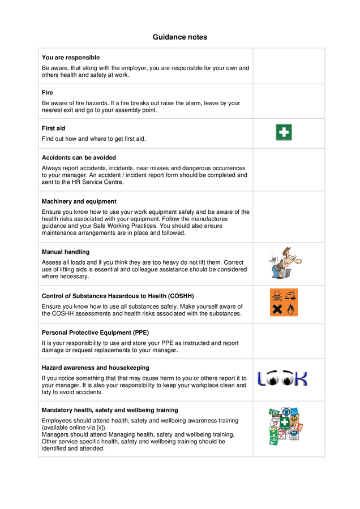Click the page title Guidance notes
[x=179, y=37]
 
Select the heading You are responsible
[x=71, y=58]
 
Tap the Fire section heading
[x=48, y=93]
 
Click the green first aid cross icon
[x=284, y=133]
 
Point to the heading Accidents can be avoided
[x=79, y=158]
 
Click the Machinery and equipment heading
[x=79, y=201]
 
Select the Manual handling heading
[x=66, y=252]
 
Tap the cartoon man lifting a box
[x=284, y=263]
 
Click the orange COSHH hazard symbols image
[x=284, y=303]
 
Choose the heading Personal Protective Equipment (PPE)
[x=95, y=333]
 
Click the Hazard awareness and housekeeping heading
[x=96, y=368]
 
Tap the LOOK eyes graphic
[x=282, y=378]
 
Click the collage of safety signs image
[x=285, y=426]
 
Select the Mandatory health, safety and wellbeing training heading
[x=110, y=410]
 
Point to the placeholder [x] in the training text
[x=101, y=428]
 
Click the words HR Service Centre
[x=100, y=182]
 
